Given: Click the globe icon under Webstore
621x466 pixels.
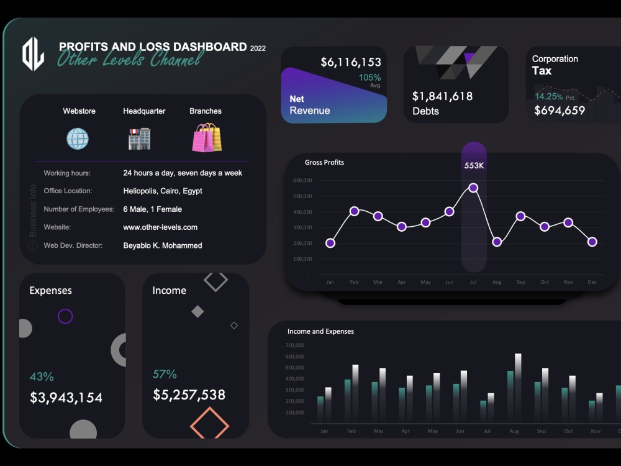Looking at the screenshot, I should [x=78, y=139].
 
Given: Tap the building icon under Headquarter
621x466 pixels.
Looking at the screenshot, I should [x=139, y=139].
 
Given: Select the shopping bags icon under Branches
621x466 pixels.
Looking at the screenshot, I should [x=207, y=137].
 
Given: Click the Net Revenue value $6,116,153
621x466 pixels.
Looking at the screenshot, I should [x=351, y=62].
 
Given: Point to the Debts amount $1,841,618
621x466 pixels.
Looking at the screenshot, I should [x=442, y=96].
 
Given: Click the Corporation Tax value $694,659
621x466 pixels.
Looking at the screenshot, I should [x=560, y=111].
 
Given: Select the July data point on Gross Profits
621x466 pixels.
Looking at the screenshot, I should [x=473, y=188].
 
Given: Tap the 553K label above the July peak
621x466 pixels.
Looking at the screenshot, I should [x=474, y=165].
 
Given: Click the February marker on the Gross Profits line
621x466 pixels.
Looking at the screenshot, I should [x=354, y=211].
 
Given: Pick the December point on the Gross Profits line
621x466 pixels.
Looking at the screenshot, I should [x=592, y=242].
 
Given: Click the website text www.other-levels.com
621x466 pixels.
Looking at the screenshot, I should [x=160, y=227].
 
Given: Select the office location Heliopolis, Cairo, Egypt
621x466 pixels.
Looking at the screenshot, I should [x=163, y=191].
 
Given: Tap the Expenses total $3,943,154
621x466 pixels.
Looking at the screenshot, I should [x=66, y=398].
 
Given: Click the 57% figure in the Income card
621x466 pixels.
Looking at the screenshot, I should [x=165, y=374].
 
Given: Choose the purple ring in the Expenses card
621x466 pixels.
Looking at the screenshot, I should [x=65, y=316].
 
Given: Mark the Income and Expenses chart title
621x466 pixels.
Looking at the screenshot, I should [x=320, y=331].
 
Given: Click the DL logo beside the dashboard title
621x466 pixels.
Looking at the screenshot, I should [x=33, y=54].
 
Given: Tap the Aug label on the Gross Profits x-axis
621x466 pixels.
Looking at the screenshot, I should [x=497, y=282].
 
